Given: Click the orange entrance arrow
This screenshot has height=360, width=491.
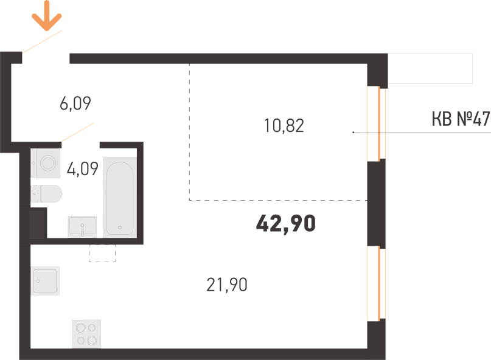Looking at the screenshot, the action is pos(47,16).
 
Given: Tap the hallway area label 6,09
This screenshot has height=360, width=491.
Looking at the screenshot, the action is pos(75,103).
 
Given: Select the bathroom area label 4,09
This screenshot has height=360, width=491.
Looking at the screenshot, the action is pos(83,168).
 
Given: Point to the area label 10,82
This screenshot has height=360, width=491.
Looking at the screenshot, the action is pos(284,126).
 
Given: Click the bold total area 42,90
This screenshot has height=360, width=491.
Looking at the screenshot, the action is pos(286,224).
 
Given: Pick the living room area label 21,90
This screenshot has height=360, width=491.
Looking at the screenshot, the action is pos(227,285).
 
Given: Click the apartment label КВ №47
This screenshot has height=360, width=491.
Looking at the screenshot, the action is pos(461,119).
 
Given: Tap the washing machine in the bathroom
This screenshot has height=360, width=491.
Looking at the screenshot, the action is pos(46,164).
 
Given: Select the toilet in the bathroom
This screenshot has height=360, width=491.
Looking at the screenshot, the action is pos(46,194).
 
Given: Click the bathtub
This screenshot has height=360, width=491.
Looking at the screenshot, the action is pos(120,197).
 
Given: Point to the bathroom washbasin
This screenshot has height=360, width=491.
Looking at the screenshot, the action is pos(82,226).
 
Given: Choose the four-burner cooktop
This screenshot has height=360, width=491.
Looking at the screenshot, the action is pos(86,334).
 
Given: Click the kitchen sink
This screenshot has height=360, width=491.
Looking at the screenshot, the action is pos(45,281).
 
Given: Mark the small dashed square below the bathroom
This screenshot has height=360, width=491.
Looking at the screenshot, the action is pos(102,253).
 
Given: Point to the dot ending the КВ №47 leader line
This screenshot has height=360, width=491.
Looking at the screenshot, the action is pos(353,133).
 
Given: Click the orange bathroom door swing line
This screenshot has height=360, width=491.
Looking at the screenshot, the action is pos(78,133).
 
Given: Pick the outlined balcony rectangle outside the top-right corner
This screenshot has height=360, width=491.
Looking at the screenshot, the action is pos(430,69).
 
